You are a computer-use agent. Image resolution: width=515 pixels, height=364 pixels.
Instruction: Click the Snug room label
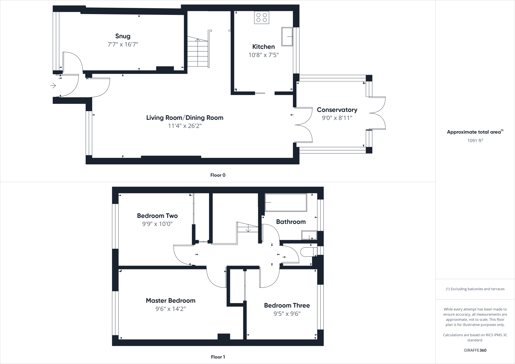(123, 36)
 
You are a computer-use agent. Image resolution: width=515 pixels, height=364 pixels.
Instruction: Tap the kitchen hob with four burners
(262, 17)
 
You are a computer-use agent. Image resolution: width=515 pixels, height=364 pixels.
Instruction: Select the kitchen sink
(287, 37)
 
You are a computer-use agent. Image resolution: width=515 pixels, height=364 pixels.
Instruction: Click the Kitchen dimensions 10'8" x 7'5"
(264, 55)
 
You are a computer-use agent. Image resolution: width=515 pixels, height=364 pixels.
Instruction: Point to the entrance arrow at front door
(53, 86)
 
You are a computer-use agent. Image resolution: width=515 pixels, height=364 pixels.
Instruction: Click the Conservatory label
(337, 110)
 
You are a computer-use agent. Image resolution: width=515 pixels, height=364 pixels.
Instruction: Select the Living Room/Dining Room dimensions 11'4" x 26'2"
(185, 126)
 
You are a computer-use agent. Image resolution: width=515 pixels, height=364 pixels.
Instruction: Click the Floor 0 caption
(218, 175)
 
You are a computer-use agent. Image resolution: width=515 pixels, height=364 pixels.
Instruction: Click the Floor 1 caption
(218, 357)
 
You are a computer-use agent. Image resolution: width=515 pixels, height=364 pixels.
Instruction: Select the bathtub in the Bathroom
(286, 202)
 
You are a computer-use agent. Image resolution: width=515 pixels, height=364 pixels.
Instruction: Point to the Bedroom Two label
(157, 216)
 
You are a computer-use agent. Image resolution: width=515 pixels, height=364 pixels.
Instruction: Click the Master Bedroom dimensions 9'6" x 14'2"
(170, 309)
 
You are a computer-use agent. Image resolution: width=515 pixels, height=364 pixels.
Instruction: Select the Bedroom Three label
(287, 305)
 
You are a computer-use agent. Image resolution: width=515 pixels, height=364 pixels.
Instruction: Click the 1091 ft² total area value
(475, 141)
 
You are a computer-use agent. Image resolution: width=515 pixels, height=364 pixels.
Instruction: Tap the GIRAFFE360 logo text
(475, 350)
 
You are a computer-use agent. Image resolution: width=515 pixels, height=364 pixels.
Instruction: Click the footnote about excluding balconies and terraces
(475, 289)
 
